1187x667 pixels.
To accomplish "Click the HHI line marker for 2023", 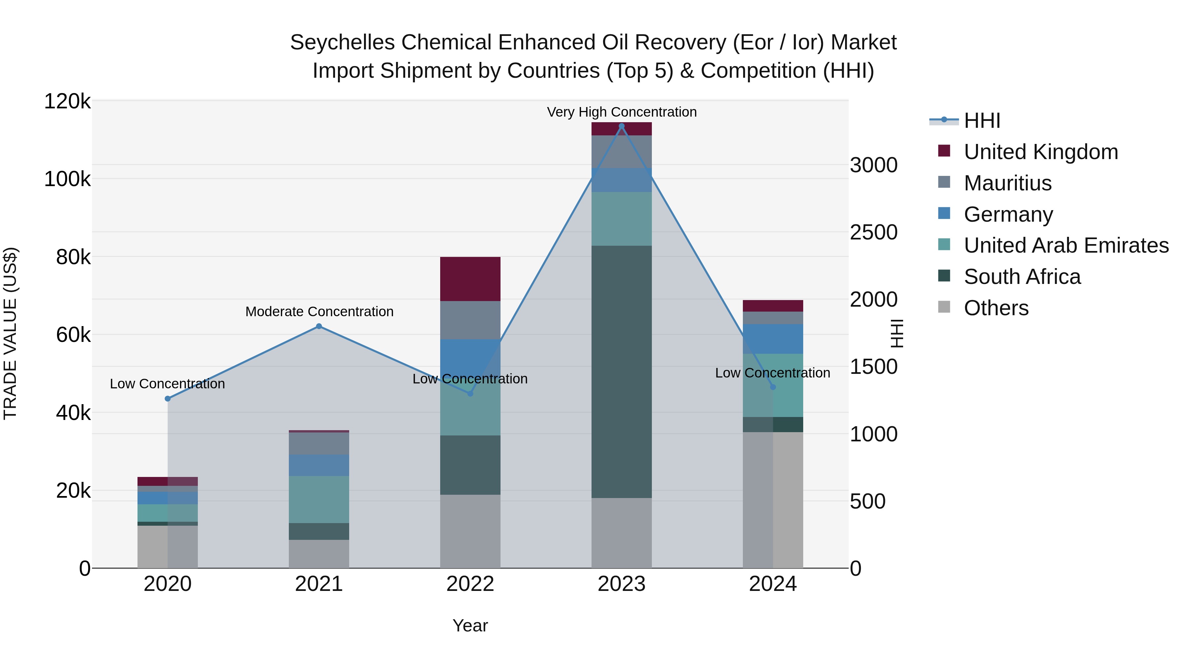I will (621, 126).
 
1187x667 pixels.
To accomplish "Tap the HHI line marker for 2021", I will (319, 326).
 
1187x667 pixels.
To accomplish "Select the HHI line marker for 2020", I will (168, 399).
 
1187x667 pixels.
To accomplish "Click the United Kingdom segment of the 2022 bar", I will (470, 279).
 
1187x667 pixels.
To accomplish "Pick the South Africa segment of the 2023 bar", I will (621, 372).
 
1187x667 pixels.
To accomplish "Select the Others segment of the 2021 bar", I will (319, 554).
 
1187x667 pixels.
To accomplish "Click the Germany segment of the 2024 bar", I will (773, 339).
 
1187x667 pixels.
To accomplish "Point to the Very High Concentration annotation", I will (621, 112).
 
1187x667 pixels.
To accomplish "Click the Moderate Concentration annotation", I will (319, 312).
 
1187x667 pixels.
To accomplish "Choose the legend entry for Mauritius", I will (1007, 183).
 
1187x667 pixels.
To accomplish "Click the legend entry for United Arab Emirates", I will (1066, 245).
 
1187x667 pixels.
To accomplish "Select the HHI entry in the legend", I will (982, 121).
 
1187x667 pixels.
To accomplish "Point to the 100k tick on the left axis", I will (67, 179).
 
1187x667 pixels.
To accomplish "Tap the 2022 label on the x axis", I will (470, 584).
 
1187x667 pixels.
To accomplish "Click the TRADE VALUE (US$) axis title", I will (10, 333).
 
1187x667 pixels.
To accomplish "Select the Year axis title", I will (470, 625).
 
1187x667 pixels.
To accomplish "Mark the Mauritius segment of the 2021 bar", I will (319, 444).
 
